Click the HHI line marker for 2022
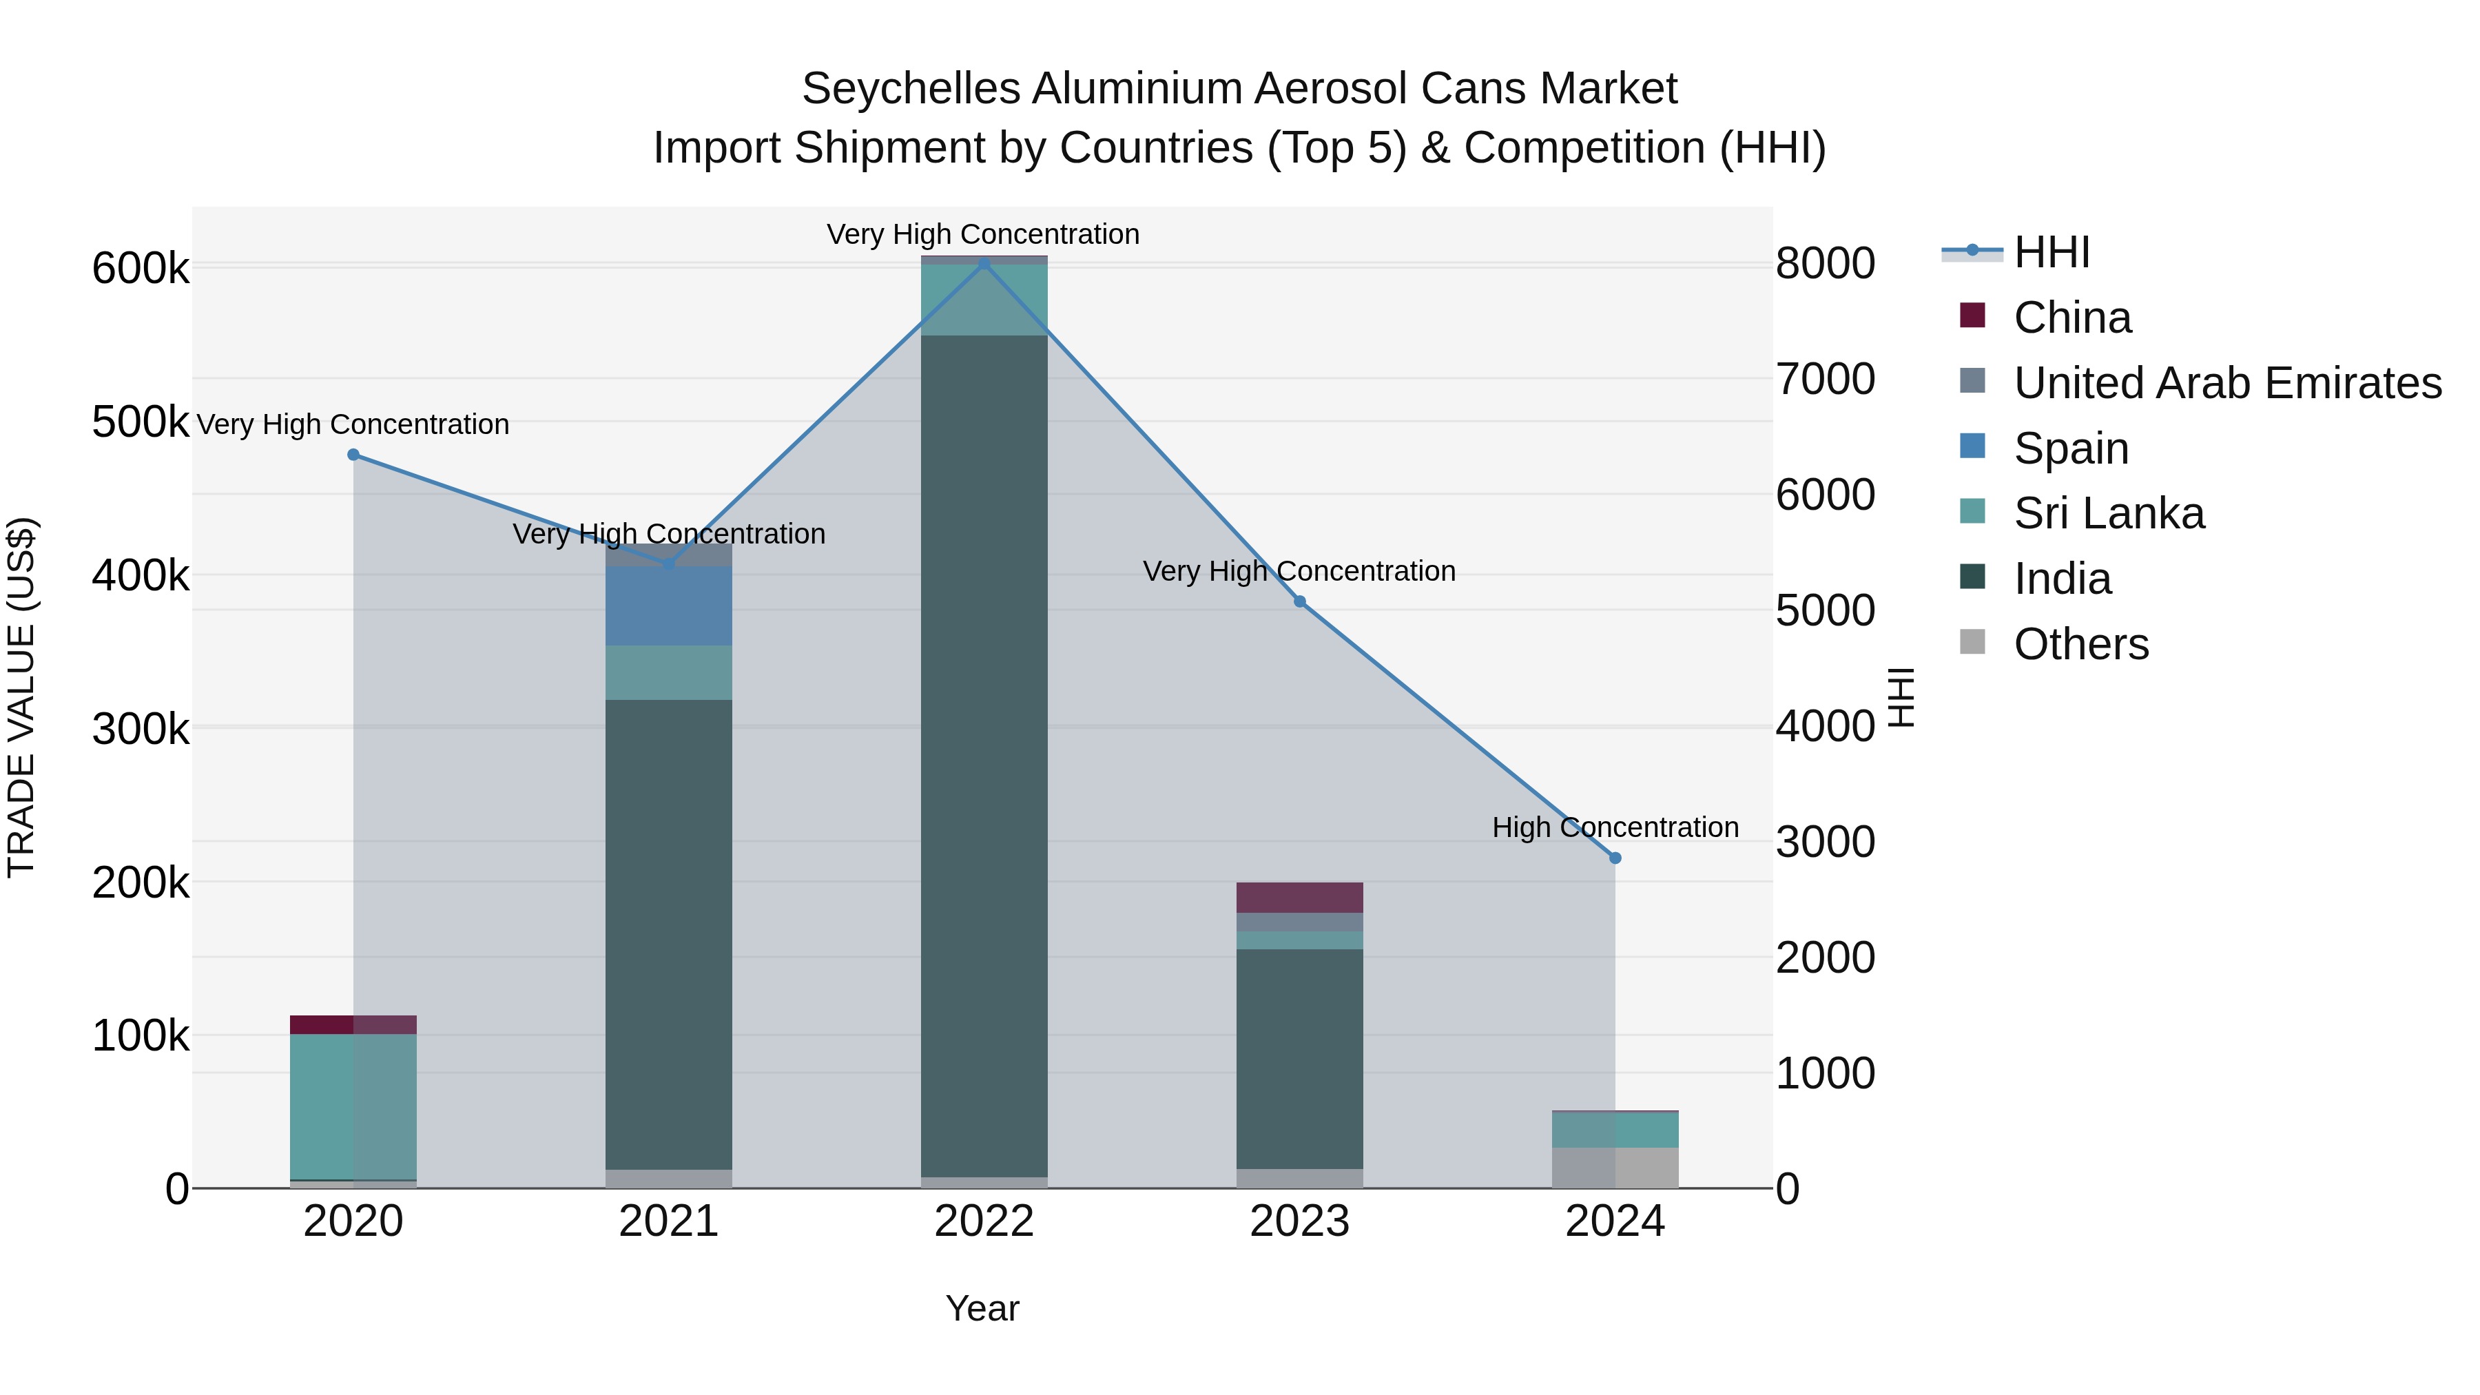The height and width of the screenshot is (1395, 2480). pyautogui.click(x=984, y=264)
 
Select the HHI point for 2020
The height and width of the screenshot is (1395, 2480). pyautogui.click(x=353, y=455)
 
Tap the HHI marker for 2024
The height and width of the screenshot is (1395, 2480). pyautogui.click(x=1615, y=858)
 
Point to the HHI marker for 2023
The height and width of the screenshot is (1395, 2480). pyautogui.click(x=1300, y=601)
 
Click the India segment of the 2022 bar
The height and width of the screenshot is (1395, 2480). pyautogui.click(x=984, y=756)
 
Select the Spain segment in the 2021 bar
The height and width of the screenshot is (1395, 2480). pyautogui.click(x=668, y=606)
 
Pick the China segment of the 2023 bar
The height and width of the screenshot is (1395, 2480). pyautogui.click(x=1300, y=897)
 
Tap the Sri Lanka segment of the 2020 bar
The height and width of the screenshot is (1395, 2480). pyautogui.click(x=353, y=1106)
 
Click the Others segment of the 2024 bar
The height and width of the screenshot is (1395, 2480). pyautogui.click(x=1615, y=1168)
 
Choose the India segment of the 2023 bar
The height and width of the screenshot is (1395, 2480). pyautogui.click(x=1300, y=1059)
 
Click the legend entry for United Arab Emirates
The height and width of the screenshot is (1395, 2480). pyautogui.click(x=2226, y=383)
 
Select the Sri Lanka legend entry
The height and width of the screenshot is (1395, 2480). pyautogui.click(x=2109, y=514)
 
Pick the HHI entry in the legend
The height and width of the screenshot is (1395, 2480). pyautogui.click(x=2051, y=252)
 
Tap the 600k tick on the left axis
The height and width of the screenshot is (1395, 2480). pyautogui.click(x=141, y=269)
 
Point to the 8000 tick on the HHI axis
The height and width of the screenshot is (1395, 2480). pyautogui.click(x=1824, y=264)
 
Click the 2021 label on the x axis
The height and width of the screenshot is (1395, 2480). pyautogui.click(x=668, y=1221)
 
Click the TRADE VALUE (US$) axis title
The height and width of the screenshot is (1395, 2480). pyautogui.click(x=22, y=697)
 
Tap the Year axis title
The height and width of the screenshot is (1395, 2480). pyautogui.click(x=982, y=1308)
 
